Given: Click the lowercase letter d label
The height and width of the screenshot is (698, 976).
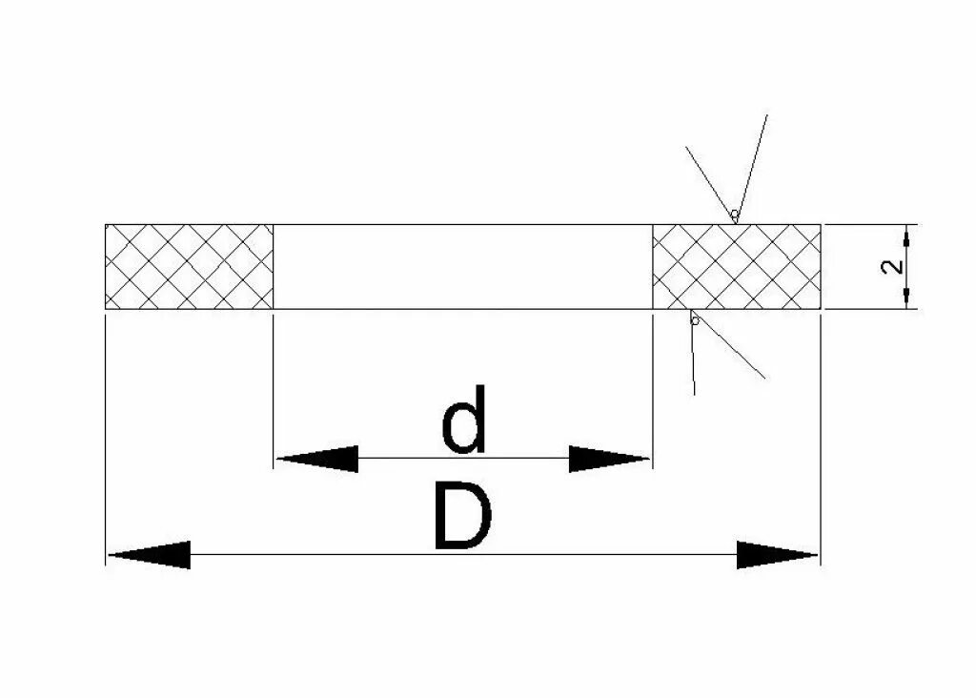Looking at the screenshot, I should [464, 421].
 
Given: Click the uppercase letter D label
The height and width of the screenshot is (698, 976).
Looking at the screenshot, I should [462, 518].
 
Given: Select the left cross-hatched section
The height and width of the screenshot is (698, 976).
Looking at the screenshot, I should [189, 266].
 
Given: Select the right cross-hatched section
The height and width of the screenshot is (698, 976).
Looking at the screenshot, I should [736, 266].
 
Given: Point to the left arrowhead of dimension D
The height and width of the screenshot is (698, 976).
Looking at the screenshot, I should [149, 554].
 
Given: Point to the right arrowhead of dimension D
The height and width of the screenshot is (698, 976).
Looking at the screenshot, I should [777, 554].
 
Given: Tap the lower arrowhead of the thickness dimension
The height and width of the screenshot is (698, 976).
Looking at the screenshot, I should [907, 297].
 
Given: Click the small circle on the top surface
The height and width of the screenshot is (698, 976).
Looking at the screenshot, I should [734, 215].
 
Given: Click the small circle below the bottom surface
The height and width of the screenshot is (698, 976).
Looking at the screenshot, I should [695, 320].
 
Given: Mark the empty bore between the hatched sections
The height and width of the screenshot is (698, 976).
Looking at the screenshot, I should [462, 266].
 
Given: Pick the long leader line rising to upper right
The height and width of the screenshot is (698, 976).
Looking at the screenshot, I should [752, 162].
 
